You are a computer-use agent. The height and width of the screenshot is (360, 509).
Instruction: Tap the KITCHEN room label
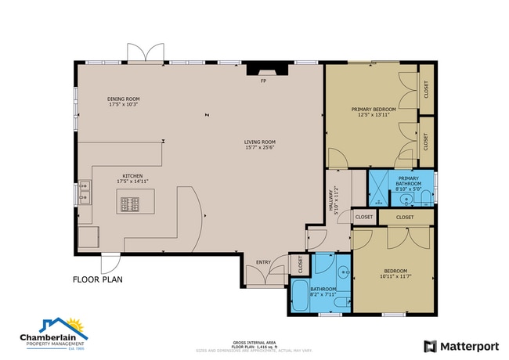click(x=132, y=176)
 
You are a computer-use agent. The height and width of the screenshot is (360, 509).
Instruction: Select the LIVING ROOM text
click(x=259, y=142)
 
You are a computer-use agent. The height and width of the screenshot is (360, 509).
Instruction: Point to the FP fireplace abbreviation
click(x=264, y=81)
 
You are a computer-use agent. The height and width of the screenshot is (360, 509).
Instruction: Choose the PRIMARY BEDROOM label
click(x=374, y=109)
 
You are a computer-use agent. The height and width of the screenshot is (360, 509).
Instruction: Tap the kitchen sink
click(x=85, y=189)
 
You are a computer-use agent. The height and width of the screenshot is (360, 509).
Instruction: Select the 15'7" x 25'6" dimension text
click(x=259, y=148)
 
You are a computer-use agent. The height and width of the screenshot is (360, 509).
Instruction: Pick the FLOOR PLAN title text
click(x=97, y=279)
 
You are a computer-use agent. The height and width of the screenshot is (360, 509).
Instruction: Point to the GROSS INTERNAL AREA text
click(x=254, y=341)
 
